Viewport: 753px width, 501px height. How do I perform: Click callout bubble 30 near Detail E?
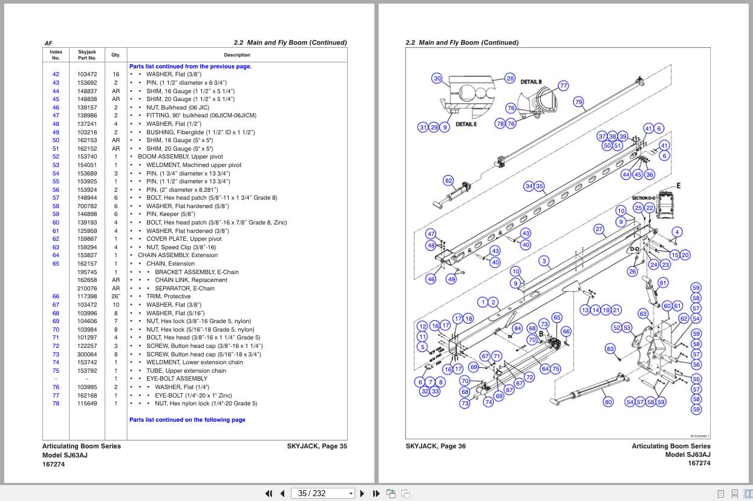[x=437, y=78]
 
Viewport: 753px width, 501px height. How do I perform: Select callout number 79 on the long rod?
[x=579, y=102]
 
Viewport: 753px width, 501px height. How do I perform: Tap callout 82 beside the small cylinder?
[x=448, y=180]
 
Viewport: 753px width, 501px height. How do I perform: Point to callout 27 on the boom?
[x=599, y=229]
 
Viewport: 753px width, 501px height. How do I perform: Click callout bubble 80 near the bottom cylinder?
[x=608, y=402]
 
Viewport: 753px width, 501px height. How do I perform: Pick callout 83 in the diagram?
[x=610, y=349]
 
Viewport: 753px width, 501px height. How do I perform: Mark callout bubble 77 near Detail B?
[x=563, y=86]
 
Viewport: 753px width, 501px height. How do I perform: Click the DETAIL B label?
[x=531, y=82]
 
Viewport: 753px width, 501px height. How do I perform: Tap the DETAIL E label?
[x=466, y=124]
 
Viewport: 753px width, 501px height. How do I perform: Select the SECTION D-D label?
[x=643, y=198]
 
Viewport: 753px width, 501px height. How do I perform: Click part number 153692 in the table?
[x=87, y=82]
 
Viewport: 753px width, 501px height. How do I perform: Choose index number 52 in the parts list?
[x=56, y=157]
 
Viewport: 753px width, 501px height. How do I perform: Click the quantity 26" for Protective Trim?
[x=116, y=296]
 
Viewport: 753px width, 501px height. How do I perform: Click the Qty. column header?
[x=116, y=55]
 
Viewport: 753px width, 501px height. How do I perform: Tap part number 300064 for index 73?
[x=87, y=354]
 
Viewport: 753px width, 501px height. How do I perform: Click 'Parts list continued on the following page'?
[x=187, y=420]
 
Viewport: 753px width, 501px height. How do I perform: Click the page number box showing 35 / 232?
[x=323, y=493]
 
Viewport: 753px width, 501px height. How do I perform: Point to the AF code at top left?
[x=48, y=43]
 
